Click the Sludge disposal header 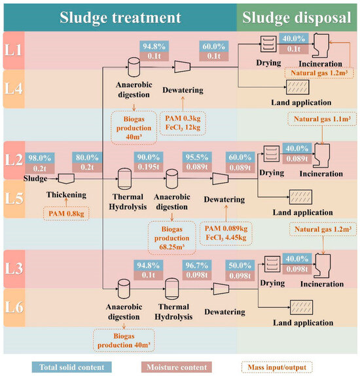tap(298, 16)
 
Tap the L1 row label tap(12, 48)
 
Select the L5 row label tap(12, 195)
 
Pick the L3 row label tap(12, 268)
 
